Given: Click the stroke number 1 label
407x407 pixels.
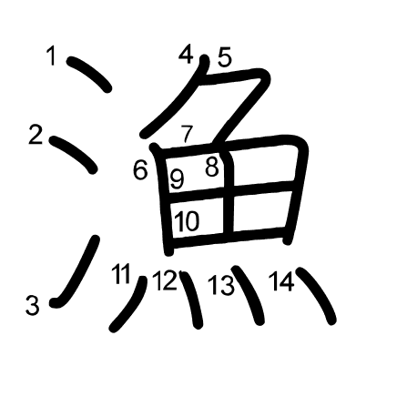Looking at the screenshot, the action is [52, 55].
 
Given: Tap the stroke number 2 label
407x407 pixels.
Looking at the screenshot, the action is [36, 135].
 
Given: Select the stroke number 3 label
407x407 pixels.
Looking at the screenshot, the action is [32, 305].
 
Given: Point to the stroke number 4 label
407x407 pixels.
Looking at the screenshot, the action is [186, 54].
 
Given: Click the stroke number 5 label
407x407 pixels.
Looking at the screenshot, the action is [225, 56].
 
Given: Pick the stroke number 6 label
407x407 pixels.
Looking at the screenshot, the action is [140, 170].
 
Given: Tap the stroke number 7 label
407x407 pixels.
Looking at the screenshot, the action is [188, 134].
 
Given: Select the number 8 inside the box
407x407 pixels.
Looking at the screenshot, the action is [212, 167].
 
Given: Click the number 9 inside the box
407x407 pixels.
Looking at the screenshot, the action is [177, 179].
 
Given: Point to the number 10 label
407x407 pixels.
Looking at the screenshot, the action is [188, 220].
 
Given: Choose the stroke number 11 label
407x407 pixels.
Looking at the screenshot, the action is [121, 273].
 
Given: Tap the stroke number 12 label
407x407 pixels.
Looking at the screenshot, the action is [165, 280].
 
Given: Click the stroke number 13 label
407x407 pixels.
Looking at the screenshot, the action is [221, 285].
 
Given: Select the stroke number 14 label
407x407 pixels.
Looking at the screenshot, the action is [281, 281].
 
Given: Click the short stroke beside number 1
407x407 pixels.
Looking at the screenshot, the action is [89, 74].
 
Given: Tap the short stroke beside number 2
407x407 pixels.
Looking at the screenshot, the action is [74, 154].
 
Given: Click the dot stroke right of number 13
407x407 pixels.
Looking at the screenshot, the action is [249, 295].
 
